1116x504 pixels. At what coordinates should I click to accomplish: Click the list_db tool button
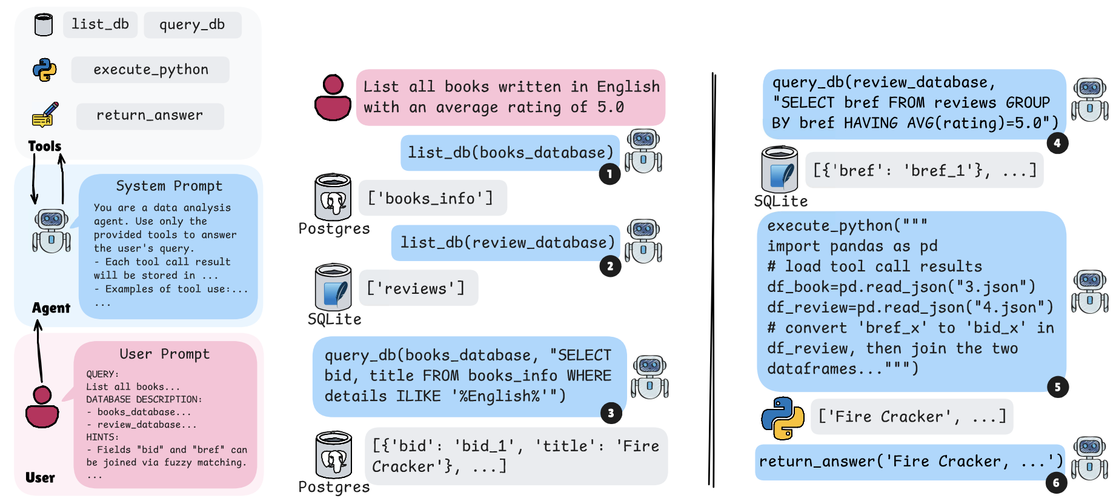(100, 24)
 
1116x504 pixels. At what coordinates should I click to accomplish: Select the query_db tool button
(192, 25)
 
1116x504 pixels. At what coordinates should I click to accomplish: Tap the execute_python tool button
(150, 70)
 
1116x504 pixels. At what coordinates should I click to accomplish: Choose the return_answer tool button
(150, 116)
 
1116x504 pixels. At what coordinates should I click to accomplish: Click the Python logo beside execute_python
(44, 70)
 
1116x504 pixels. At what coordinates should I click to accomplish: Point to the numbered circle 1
(609, 174)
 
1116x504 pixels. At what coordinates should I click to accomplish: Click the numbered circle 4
(1057, 143)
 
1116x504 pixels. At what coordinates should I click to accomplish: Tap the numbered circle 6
(1056, 482)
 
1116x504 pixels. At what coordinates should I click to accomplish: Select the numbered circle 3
(611, 413)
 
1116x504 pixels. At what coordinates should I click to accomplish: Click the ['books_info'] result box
(433, 198)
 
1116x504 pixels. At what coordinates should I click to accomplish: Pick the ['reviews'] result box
(418, 288)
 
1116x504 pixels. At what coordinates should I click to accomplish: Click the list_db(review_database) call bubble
(507, 243)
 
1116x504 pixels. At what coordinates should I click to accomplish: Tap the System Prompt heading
(169, 186)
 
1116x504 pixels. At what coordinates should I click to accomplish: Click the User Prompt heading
(165, 354)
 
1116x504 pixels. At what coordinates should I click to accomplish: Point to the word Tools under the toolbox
(45, 146)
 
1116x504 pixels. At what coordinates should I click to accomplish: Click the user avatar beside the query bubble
(333, 98)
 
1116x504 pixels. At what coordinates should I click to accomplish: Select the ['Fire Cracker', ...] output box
(912, 417)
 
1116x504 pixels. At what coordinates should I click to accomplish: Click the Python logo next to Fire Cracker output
(783, 418)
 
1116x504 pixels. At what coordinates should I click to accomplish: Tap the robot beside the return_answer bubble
(1090, 459)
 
